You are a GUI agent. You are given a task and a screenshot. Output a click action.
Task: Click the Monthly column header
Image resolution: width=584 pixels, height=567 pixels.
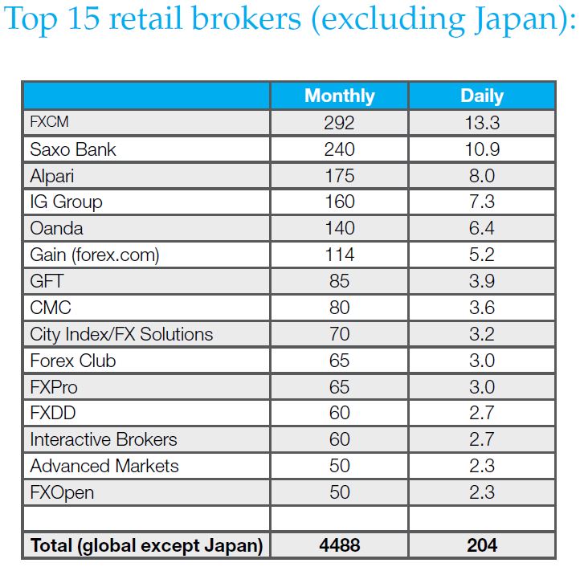339,96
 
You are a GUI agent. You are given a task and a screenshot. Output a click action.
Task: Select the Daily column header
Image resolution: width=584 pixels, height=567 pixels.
481,96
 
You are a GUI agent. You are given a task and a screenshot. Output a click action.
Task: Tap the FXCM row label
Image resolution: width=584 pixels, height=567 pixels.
49,123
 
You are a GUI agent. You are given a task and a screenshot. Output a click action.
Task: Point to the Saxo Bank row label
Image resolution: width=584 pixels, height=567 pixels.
73,149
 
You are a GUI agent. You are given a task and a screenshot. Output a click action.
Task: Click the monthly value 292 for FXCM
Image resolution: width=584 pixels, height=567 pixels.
339,123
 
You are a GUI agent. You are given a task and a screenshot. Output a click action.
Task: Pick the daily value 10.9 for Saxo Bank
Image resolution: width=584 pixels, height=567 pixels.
481,149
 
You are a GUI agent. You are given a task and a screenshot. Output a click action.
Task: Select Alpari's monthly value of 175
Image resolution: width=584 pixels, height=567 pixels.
339,176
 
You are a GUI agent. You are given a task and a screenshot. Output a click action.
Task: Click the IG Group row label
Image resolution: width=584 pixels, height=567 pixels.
66,202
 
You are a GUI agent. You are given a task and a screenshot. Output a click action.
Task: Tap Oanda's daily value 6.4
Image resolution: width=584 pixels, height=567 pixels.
481,228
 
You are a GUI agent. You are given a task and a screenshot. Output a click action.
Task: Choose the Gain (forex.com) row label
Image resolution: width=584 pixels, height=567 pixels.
95,255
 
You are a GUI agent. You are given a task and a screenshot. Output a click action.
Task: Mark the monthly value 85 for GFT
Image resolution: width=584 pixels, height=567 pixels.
339,281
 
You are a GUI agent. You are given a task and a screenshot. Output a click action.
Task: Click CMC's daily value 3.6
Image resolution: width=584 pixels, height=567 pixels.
481,308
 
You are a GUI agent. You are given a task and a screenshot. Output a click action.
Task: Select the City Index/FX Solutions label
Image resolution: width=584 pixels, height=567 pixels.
121,334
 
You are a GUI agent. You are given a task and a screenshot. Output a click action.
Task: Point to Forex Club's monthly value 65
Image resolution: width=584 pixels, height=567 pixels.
339,361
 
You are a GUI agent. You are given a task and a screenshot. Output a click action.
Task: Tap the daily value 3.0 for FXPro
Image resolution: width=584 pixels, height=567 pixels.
481,387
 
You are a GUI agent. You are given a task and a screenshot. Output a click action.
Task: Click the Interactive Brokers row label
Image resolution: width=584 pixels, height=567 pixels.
104,439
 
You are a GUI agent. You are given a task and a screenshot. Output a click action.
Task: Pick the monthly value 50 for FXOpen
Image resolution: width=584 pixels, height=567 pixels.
339,492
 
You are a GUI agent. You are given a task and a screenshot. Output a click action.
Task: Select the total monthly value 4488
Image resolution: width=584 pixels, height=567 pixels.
339,545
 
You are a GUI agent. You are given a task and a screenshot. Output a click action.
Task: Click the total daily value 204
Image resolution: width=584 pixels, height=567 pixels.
481,545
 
